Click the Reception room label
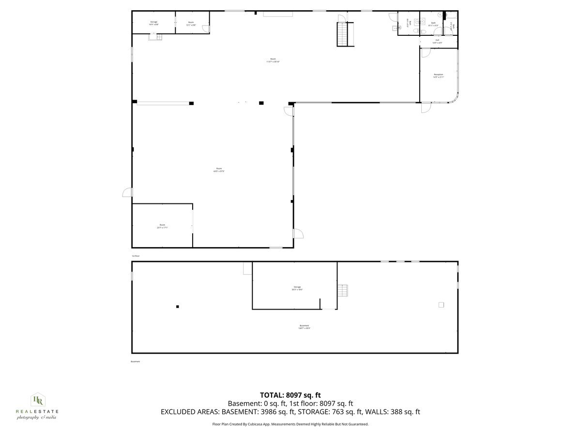(x=438, y=76)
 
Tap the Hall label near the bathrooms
(x=437, y=41)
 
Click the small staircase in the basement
(x=343, y=290)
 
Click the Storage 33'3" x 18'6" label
(x=297, y=288)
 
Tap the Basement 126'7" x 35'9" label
(x=304, y=327)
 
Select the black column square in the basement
(x=178, y=306)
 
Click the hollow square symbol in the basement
(x=441, y=305)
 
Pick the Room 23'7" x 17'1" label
(x=162, y=226)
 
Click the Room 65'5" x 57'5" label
(x=219, y=170)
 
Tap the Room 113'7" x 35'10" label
(x=273, y=60)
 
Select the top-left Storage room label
(x=153, y=23)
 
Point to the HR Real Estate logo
(x=37, y=406)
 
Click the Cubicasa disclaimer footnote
(x=290, y=424)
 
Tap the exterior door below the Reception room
(x=425, y=108)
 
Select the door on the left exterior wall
(x=127, y=192)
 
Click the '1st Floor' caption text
(x=136, y=256)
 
